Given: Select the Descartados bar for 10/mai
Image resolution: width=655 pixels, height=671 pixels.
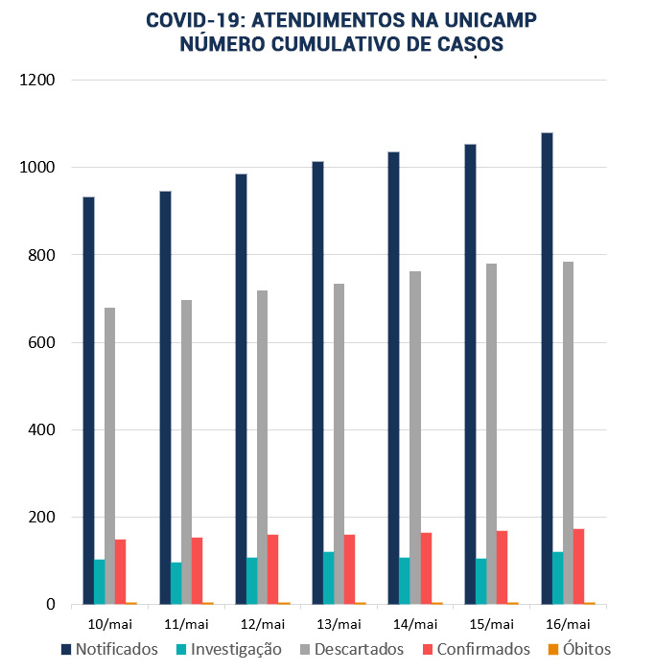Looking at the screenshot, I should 110,456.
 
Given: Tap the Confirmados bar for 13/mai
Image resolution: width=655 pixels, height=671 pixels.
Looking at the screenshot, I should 350,569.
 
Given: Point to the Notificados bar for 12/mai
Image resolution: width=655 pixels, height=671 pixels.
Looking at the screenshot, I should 241,389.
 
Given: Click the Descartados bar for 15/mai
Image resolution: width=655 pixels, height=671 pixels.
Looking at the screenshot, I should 492,436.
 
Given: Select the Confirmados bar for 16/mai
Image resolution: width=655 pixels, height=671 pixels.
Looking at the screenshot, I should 578,567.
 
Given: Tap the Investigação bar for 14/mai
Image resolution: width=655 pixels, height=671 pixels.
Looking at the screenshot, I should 405,581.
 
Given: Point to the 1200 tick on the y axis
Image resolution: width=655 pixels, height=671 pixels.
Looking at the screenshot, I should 37,81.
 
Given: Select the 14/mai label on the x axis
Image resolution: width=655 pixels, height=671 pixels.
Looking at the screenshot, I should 414,623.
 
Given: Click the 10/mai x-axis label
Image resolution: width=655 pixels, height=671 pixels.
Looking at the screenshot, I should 109,623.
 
